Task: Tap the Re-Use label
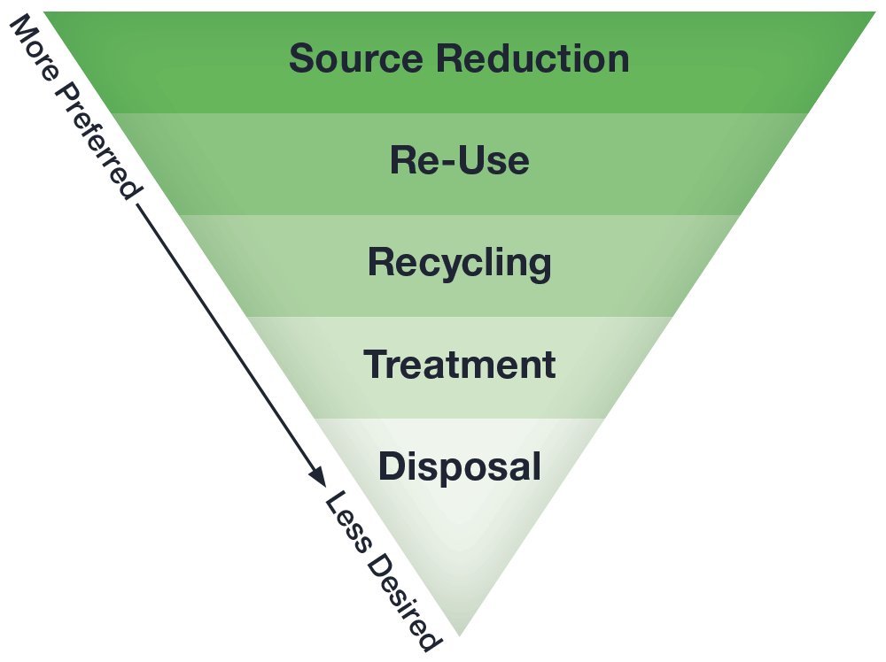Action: click(459, 161)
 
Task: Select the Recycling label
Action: click(459, 264)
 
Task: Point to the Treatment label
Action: click(460, 365)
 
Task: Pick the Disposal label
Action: click(459, 466)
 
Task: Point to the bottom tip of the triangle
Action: click(460, 634)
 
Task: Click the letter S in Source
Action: click(302, 58)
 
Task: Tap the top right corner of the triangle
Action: click(875, 12)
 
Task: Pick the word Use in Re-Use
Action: click(491, 161)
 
